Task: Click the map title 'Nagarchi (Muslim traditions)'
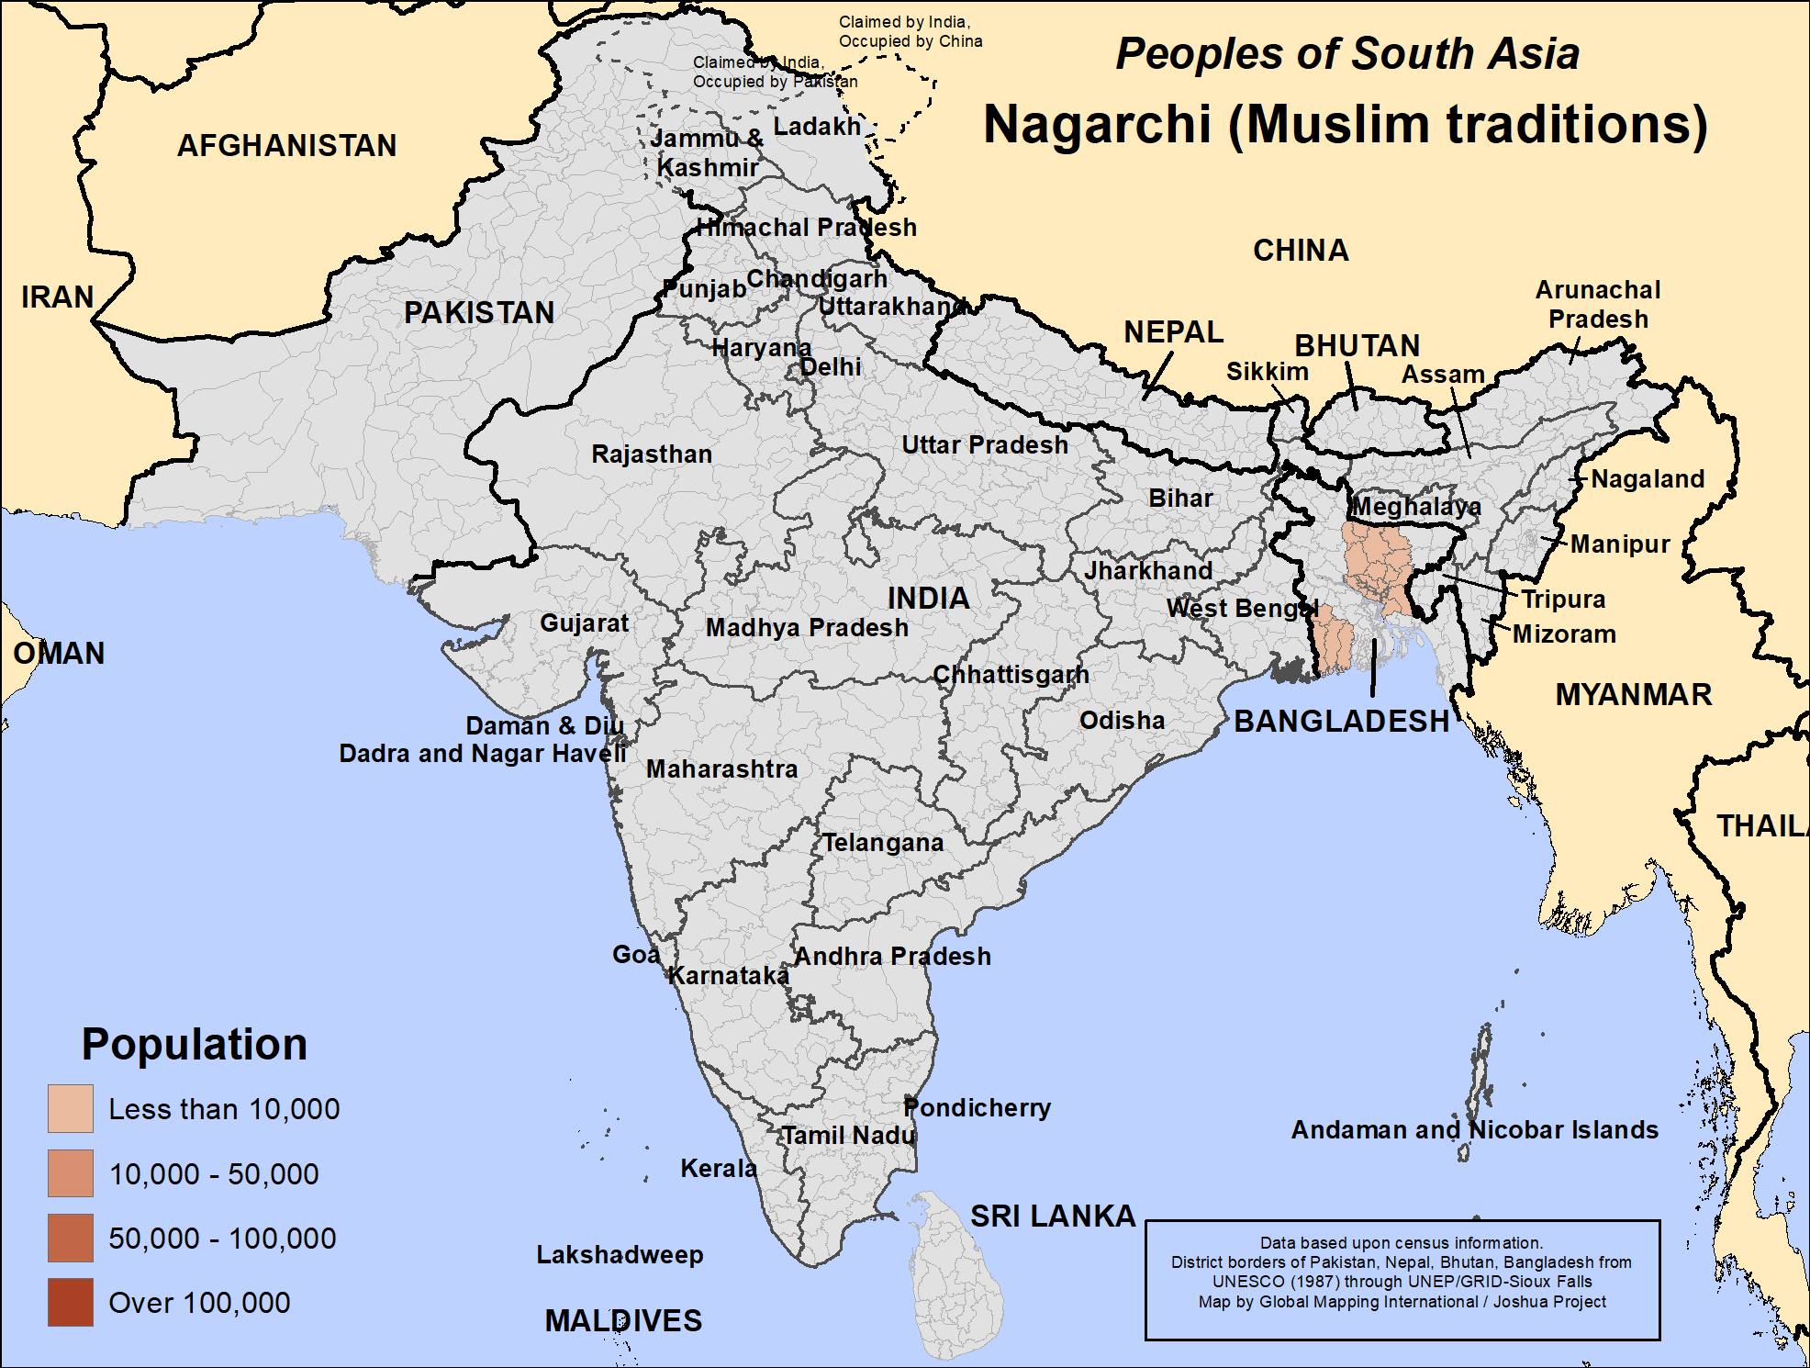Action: (x=1345, y=125)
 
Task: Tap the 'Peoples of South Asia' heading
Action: (x=1346, y=53)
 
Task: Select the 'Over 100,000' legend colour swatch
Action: (x=71, y=1302)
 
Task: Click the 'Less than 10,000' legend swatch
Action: (x=71, y=1108)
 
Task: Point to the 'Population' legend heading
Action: (x=194, y=1044)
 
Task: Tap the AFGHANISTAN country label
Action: (x=286, y=145)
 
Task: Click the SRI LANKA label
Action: (x=1053, y=1216)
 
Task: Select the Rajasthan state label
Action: (x=651, y=454)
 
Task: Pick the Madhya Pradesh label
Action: (x=806, y=627)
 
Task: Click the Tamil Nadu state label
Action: (x=848, y=1135)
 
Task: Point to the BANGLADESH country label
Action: (x=1340, y=721)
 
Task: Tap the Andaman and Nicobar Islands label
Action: (x=1474, y=1129)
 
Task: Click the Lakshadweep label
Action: (x=620, y=1254)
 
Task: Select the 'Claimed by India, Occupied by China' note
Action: (x=910, y=31)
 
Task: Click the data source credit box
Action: (x=1402, y=1280)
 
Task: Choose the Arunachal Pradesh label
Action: (x=1597, y=304)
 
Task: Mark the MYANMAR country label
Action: (x=1633, y=694)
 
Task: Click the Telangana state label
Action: (x=882, y=842)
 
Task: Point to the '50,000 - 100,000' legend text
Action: (x=222, y=1238)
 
